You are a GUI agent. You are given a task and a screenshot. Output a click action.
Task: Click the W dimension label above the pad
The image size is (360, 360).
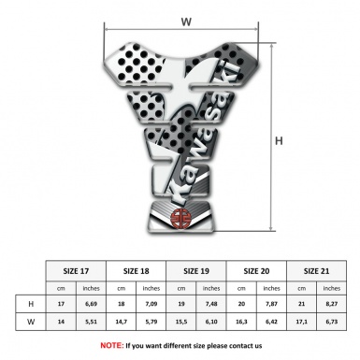click(186, 20)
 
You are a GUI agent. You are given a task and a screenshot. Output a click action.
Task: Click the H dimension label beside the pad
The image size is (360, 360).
click(278, 140)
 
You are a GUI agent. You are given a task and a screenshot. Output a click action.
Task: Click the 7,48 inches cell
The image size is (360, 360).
click(211, 304)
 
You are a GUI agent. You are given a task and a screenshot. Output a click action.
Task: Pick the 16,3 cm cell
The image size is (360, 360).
click(240, 323)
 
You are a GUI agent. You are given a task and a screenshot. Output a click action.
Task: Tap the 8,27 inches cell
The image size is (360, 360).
click(330, 304)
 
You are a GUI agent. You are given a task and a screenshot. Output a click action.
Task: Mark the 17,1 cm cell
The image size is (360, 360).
click(300, 323)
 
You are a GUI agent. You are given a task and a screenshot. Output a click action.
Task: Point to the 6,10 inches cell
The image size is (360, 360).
click(211, 323)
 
